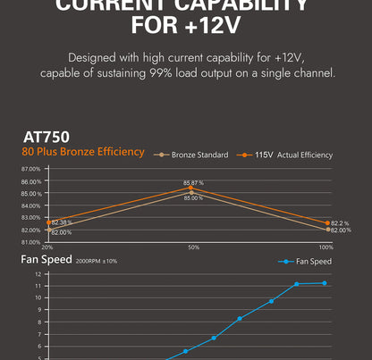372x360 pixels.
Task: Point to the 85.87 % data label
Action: tap(193, 182)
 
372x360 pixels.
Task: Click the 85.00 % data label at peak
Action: tap(193, 197)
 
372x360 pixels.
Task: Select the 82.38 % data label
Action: tap(62, 222)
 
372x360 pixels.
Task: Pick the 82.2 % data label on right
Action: tap(340, 222)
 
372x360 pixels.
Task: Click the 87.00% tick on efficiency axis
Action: tap(30, 169)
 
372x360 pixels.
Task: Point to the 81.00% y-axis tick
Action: tap(30, 242)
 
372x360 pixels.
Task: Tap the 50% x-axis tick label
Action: tap(192, 246)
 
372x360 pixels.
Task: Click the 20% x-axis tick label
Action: tap(46, 246)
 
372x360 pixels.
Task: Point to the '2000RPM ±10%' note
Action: tap(97, 261)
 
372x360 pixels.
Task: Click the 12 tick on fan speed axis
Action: tap(38, 274)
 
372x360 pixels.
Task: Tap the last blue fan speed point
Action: tap(325, 283)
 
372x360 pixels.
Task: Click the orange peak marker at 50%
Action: tap(192, 188)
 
